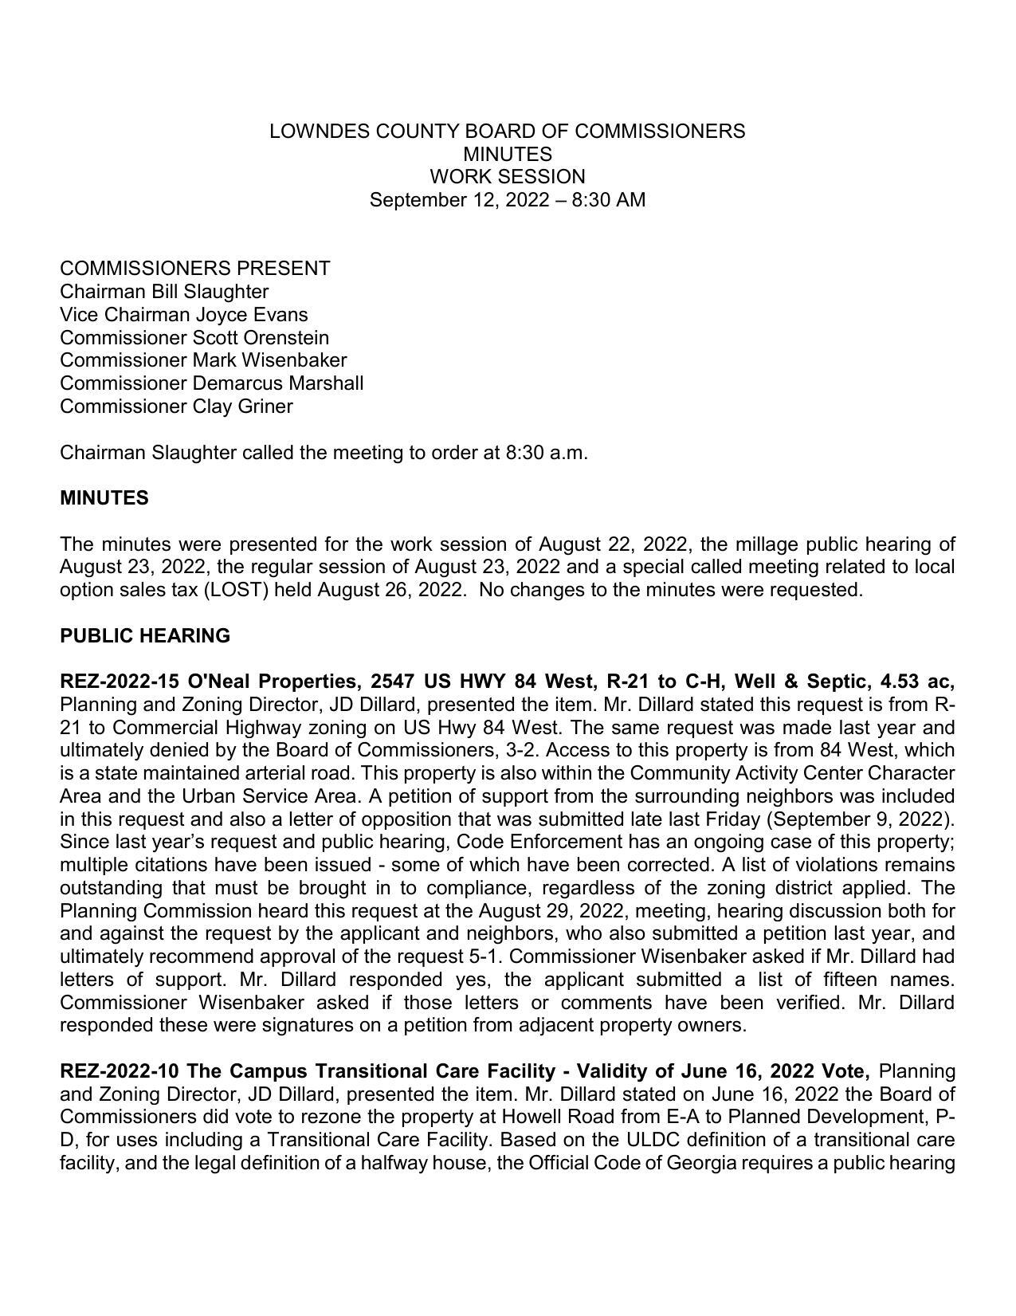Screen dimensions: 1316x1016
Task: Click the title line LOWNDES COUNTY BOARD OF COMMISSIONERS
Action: pos(507,132)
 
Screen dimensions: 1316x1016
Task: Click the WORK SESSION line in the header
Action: pos(507,177)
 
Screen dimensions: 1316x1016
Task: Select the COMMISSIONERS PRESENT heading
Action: pos(194,269)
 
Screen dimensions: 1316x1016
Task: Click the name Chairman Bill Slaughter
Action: pos(164,292)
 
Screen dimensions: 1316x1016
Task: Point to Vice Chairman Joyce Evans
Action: pos(183,315)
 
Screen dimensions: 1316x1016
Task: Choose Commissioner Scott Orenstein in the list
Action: pos(194,338)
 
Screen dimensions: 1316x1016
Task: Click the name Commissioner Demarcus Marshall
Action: pos(211,383)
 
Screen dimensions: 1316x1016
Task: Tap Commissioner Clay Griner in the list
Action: pos(176,407)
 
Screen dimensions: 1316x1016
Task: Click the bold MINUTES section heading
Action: pos(104,498)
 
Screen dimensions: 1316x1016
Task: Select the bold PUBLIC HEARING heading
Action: pos(144,636)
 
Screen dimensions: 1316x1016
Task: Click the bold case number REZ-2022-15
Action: pos(119,682)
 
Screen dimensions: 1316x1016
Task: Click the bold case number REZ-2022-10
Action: pos(119,1070)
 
